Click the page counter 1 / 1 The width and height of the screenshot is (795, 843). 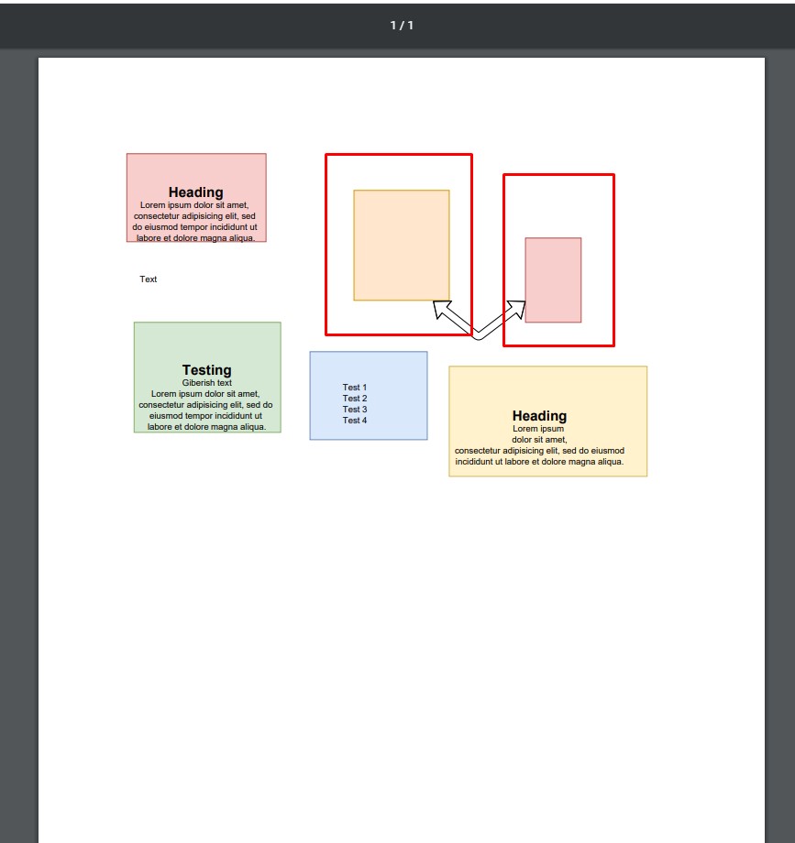tap(402, 26)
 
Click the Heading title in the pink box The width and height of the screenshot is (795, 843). tap(196, 192)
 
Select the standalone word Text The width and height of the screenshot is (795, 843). tap(148, 279)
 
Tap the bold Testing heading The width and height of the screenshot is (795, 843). tap(207, 370)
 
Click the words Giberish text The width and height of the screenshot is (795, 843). tap(207, 383)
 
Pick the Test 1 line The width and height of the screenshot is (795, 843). tap(355, 387)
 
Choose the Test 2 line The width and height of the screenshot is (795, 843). tap(355, 399)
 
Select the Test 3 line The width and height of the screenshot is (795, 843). tap(355, 410)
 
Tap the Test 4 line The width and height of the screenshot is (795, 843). tap(355, 421)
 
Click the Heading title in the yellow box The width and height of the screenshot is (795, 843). tap(539, 416)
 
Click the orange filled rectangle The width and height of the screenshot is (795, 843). tap(402, 246)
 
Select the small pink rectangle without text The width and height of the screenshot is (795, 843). tap(553, 280)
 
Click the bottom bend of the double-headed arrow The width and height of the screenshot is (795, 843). tap(478, 336)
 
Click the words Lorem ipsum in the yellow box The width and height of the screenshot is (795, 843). tap(538, 429)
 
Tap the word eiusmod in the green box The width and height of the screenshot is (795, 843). tap(167, 416)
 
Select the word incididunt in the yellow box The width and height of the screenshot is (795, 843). tap(474, 461)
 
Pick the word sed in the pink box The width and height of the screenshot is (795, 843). tap(248, 216)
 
